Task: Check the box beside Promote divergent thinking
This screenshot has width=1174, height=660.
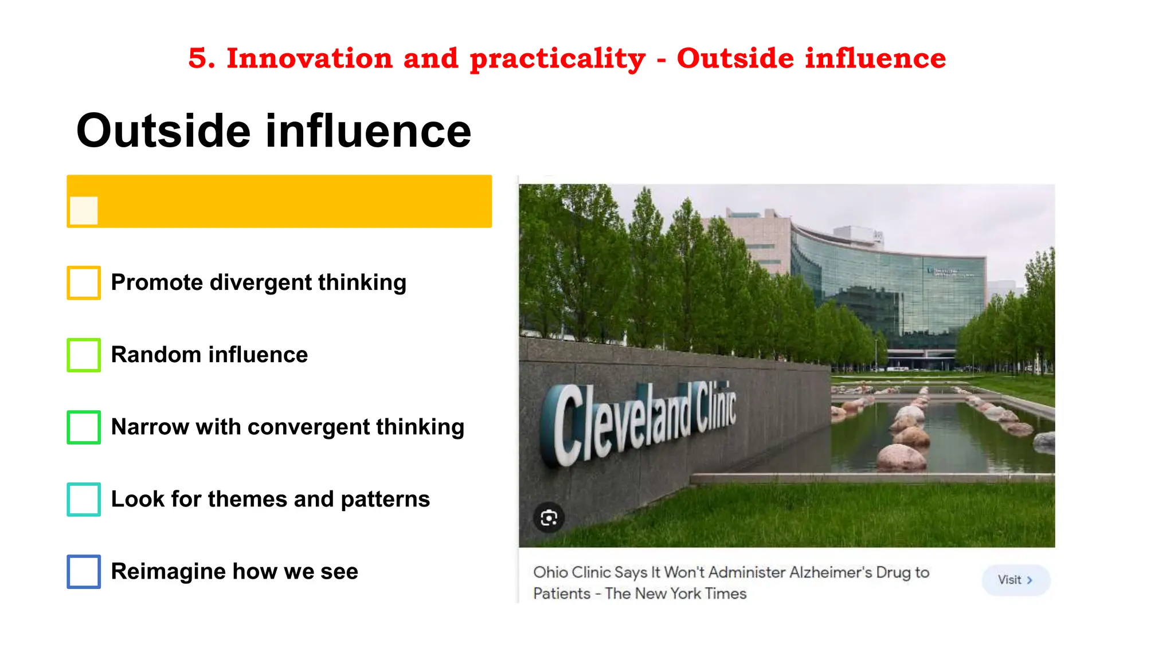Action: [x=84, y=282]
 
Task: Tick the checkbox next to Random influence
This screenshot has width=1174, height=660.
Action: [x=84, y=355]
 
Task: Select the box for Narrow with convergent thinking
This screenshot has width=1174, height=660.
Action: [x=84, y=427]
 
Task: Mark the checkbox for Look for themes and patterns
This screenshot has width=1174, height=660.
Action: [x=84, y=499]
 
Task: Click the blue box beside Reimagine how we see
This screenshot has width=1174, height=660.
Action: [x=84, y=571]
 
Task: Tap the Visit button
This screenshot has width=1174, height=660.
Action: [x=1015, y=580]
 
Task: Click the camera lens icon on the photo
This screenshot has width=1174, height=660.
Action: [x=549, y=518]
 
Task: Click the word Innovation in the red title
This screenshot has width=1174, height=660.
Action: [x=310, y=58]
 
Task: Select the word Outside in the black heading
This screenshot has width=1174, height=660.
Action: [x=163, y=131]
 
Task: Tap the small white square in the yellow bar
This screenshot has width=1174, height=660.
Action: [x=84, y=210]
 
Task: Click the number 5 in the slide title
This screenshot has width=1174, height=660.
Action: [x=197, y=58]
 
